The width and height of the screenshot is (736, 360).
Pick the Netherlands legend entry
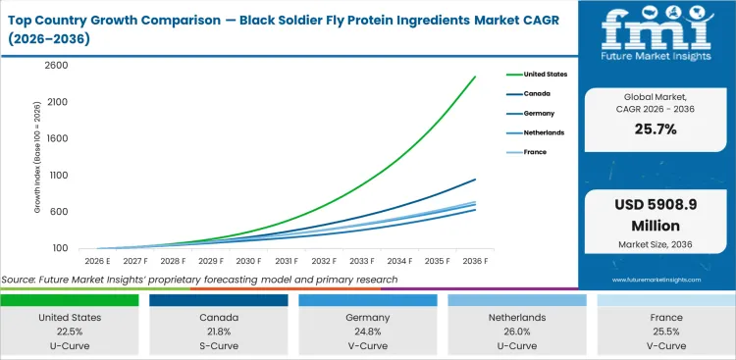542,132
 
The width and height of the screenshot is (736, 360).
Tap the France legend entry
535,152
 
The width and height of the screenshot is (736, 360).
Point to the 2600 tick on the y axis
56,65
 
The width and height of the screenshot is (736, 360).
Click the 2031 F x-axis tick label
287,262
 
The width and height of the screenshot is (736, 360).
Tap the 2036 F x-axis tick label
475,262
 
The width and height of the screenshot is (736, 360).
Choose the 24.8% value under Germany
369,332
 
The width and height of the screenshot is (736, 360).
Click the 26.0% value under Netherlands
517,332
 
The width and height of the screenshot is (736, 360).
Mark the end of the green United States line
475,77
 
